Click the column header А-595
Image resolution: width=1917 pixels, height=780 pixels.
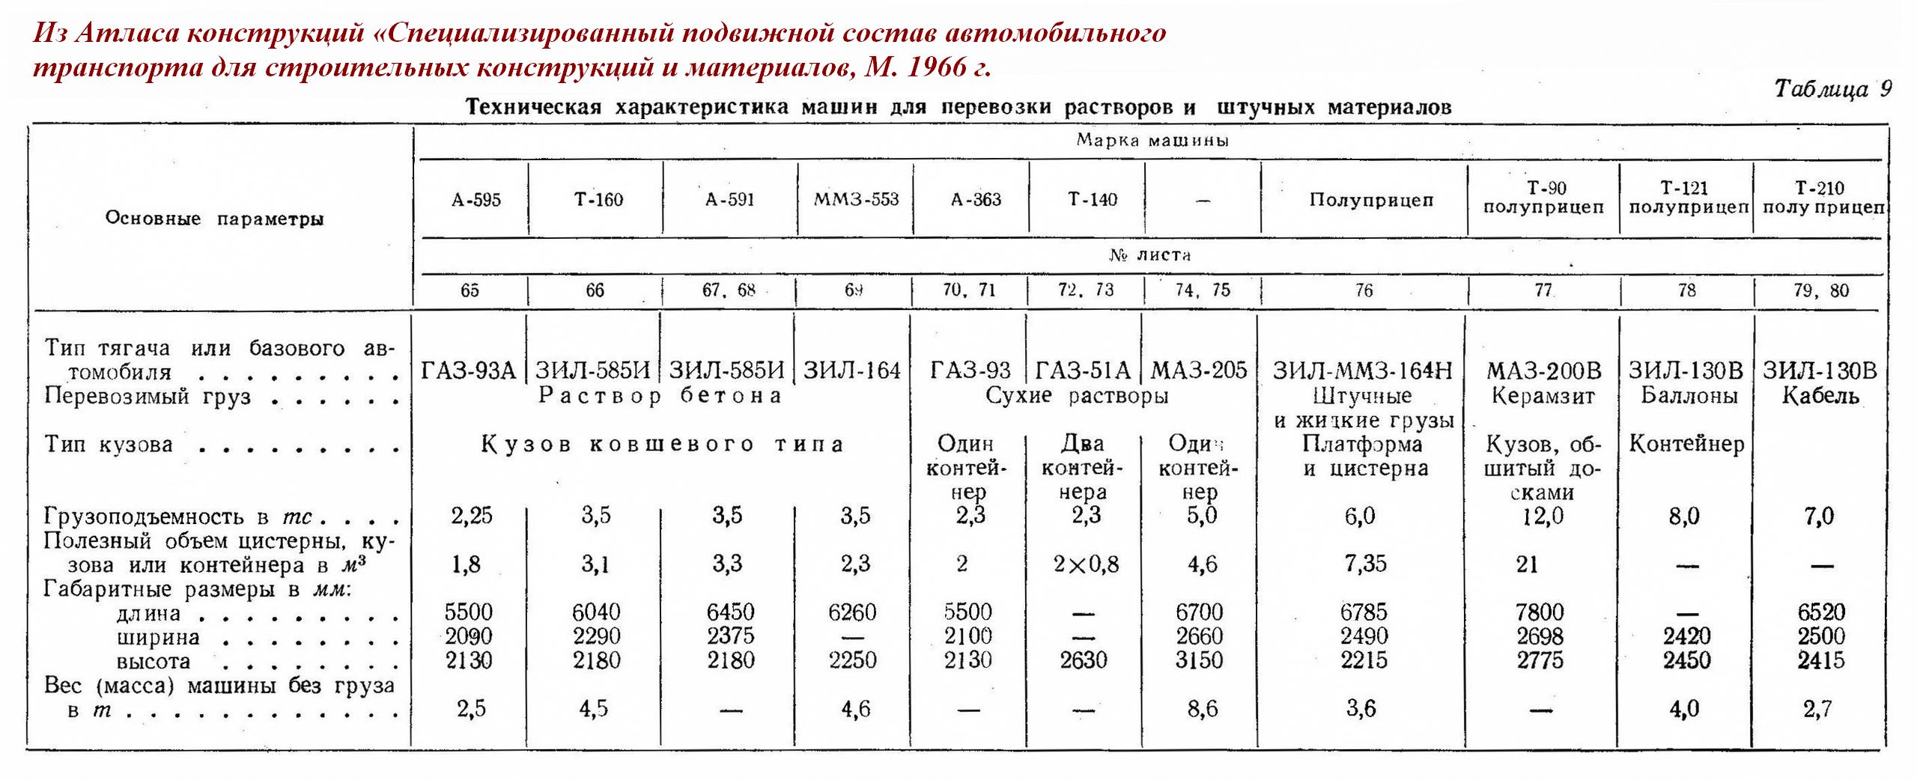(x=476, y=200)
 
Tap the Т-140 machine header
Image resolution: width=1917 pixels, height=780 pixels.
(x=1092, y=199)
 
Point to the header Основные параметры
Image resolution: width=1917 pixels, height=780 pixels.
(x=214, y=219)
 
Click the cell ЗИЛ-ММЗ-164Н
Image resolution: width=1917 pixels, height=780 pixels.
(x=1363, y=371)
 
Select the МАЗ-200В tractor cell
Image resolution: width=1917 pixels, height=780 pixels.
(x=1543, y=371)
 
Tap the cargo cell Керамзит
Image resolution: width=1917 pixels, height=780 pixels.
(x=1543, y=395)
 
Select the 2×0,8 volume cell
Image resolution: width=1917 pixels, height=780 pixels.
(x=1086, y=563)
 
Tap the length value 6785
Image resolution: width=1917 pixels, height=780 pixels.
(x=1364, y=612)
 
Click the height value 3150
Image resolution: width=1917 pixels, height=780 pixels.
(x=1200, y=660)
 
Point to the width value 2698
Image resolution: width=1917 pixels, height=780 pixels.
(x=1540, y=636)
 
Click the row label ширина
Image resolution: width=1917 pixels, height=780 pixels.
(x=158, y=637)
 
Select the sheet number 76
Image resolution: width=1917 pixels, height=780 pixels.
(x=1364, y=290)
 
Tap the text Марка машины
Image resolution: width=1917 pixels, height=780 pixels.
(x=1152, y=141)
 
